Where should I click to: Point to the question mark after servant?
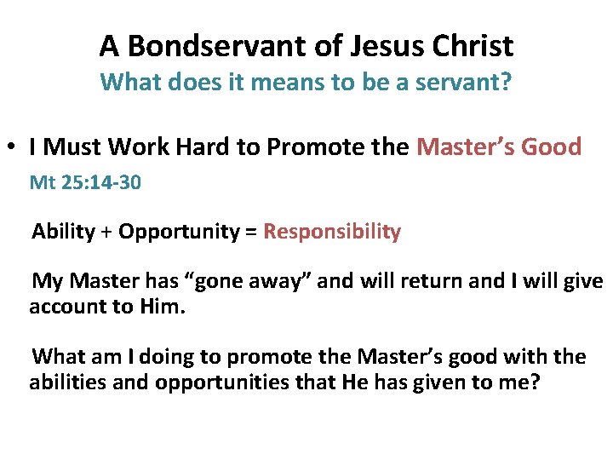(508, 83)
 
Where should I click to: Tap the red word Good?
(550, 147)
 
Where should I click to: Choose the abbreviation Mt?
(41, 181)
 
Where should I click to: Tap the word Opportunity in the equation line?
(180, 232)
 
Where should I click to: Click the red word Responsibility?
(332, 232)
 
